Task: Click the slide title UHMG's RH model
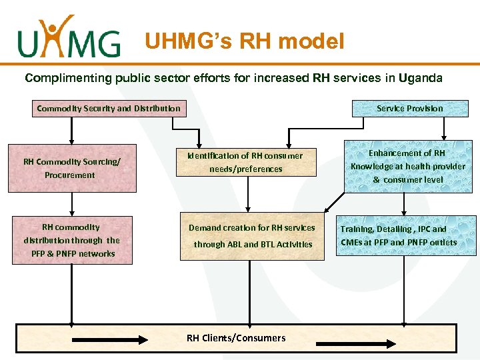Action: tap(245, 42)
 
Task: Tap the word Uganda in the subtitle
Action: tap(420, 78)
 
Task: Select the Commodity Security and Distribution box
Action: tap(109, 108)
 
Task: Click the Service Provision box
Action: tap(409, 108)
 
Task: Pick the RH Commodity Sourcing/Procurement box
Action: tap(70, 168)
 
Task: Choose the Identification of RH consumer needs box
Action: tap(245, 162)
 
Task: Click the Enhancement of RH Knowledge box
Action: tap(408, 166)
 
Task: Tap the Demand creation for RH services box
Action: tap(251, 236)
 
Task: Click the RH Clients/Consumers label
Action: tap(236, 338)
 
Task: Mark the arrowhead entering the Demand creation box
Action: tap(248, 207)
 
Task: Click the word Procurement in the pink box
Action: tap(70, 175)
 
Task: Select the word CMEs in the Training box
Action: tap(353, 243)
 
